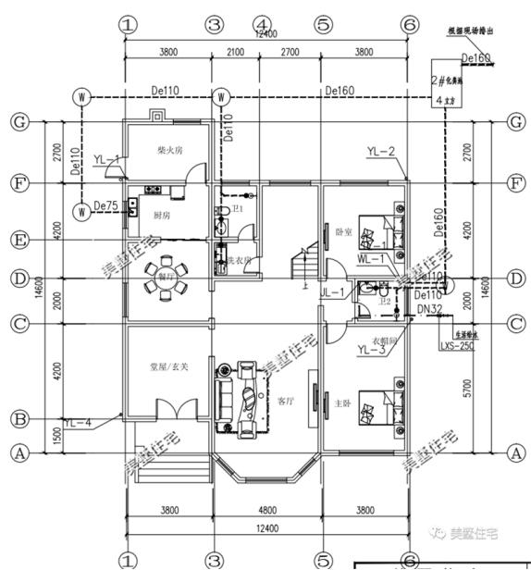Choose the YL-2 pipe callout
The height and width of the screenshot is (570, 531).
[380, 151]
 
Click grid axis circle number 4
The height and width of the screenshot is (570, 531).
[263, 23]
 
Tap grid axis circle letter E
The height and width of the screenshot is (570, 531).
[17, 241]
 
